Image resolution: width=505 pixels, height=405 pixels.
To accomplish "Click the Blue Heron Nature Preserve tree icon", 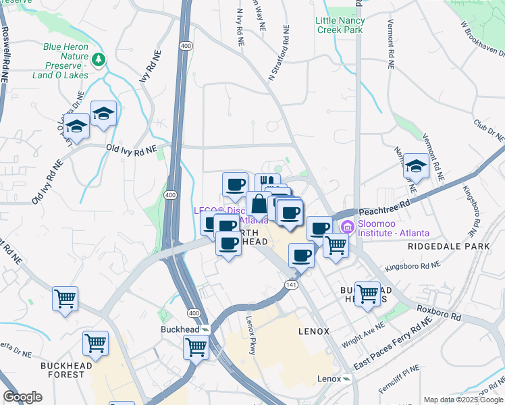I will pyautogui.click(x=99, y=60).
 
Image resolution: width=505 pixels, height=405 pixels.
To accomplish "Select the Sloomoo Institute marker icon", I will pyautogui.click(x=348, y=226).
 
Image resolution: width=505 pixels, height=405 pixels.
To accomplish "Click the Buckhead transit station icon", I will pyautogui.click(x=205, y=329).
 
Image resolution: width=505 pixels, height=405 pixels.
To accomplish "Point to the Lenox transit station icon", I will pyautogui.click(x=346, y=379).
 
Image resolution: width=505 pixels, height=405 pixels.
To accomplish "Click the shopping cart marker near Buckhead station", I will pyautogui.click(x=196, y=347).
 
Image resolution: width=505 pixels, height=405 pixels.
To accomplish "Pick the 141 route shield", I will pyautogui.click(x=291, y=286).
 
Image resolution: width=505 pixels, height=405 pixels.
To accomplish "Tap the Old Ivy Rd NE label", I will pyautogui.click(x=131, y=148).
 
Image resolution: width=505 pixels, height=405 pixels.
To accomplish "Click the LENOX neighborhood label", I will pyautogui.click(x=313, y=331).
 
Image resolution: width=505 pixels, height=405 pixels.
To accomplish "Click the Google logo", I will pyautogui.click(x=23, y=397).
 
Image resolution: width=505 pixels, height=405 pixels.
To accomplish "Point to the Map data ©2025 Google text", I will pyautogui.click(x=462, y=400).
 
